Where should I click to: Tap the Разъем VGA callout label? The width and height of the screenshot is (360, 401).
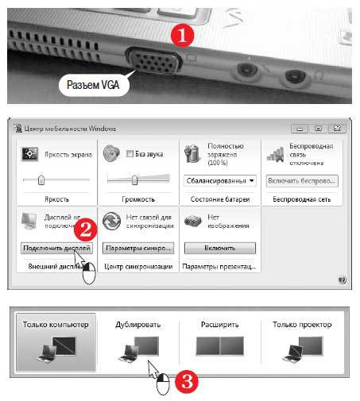[93, 84]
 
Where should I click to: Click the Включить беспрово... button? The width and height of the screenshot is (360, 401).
[301, 180]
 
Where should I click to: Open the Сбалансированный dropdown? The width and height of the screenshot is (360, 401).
[219, 180]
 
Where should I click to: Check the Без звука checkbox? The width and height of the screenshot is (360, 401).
[117, 153]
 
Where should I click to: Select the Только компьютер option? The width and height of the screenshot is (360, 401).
[56, 341]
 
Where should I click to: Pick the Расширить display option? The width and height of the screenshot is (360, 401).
[219, 341]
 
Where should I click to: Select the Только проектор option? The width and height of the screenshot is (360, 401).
[301, 341]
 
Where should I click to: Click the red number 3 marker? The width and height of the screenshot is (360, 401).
[185, 382]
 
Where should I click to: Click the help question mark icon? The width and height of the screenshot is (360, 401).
[342, 280]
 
